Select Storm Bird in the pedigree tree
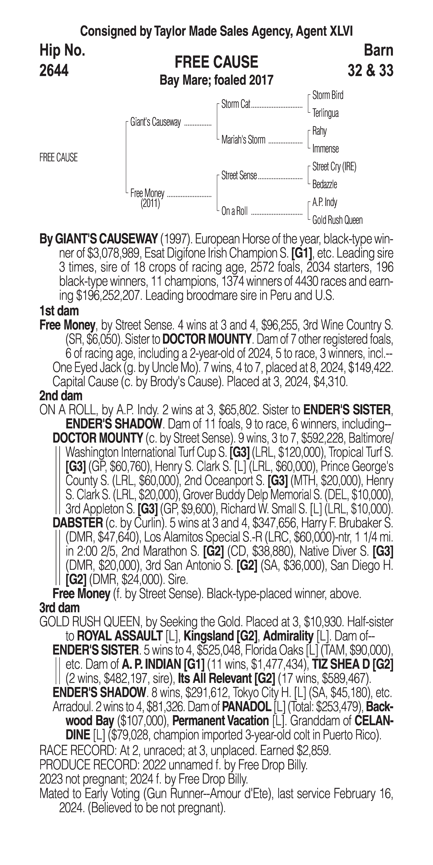pyautogui.click(x=328, y=95)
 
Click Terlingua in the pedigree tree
pyautogui.click(x=325, y=113)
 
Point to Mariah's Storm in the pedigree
pyautogui.click(x=243, y=140)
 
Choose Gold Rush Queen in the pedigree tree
pyautogui.click(x=337, y=220)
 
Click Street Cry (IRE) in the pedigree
pyautogui.click(x=334, y=167)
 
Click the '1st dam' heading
pyautogui.click(x=59, y=311)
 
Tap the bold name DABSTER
pyautogui.click(x=77, y=523)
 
